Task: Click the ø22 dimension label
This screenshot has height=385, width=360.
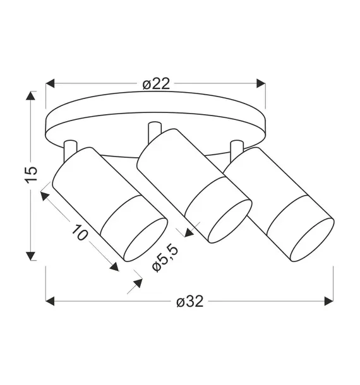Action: point(156,84)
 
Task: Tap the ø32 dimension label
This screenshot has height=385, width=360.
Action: point(190,301)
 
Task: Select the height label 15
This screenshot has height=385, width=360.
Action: point(31,175)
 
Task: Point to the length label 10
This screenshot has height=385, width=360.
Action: point(80,232)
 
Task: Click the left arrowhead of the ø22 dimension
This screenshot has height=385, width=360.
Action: point(50,83)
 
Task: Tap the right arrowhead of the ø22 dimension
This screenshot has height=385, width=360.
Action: point(261,83)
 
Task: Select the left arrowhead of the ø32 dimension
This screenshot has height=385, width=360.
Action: point(50,301)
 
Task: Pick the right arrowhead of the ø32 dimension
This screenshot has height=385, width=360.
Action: point(329,301)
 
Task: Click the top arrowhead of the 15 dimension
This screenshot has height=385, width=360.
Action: point(30,95)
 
